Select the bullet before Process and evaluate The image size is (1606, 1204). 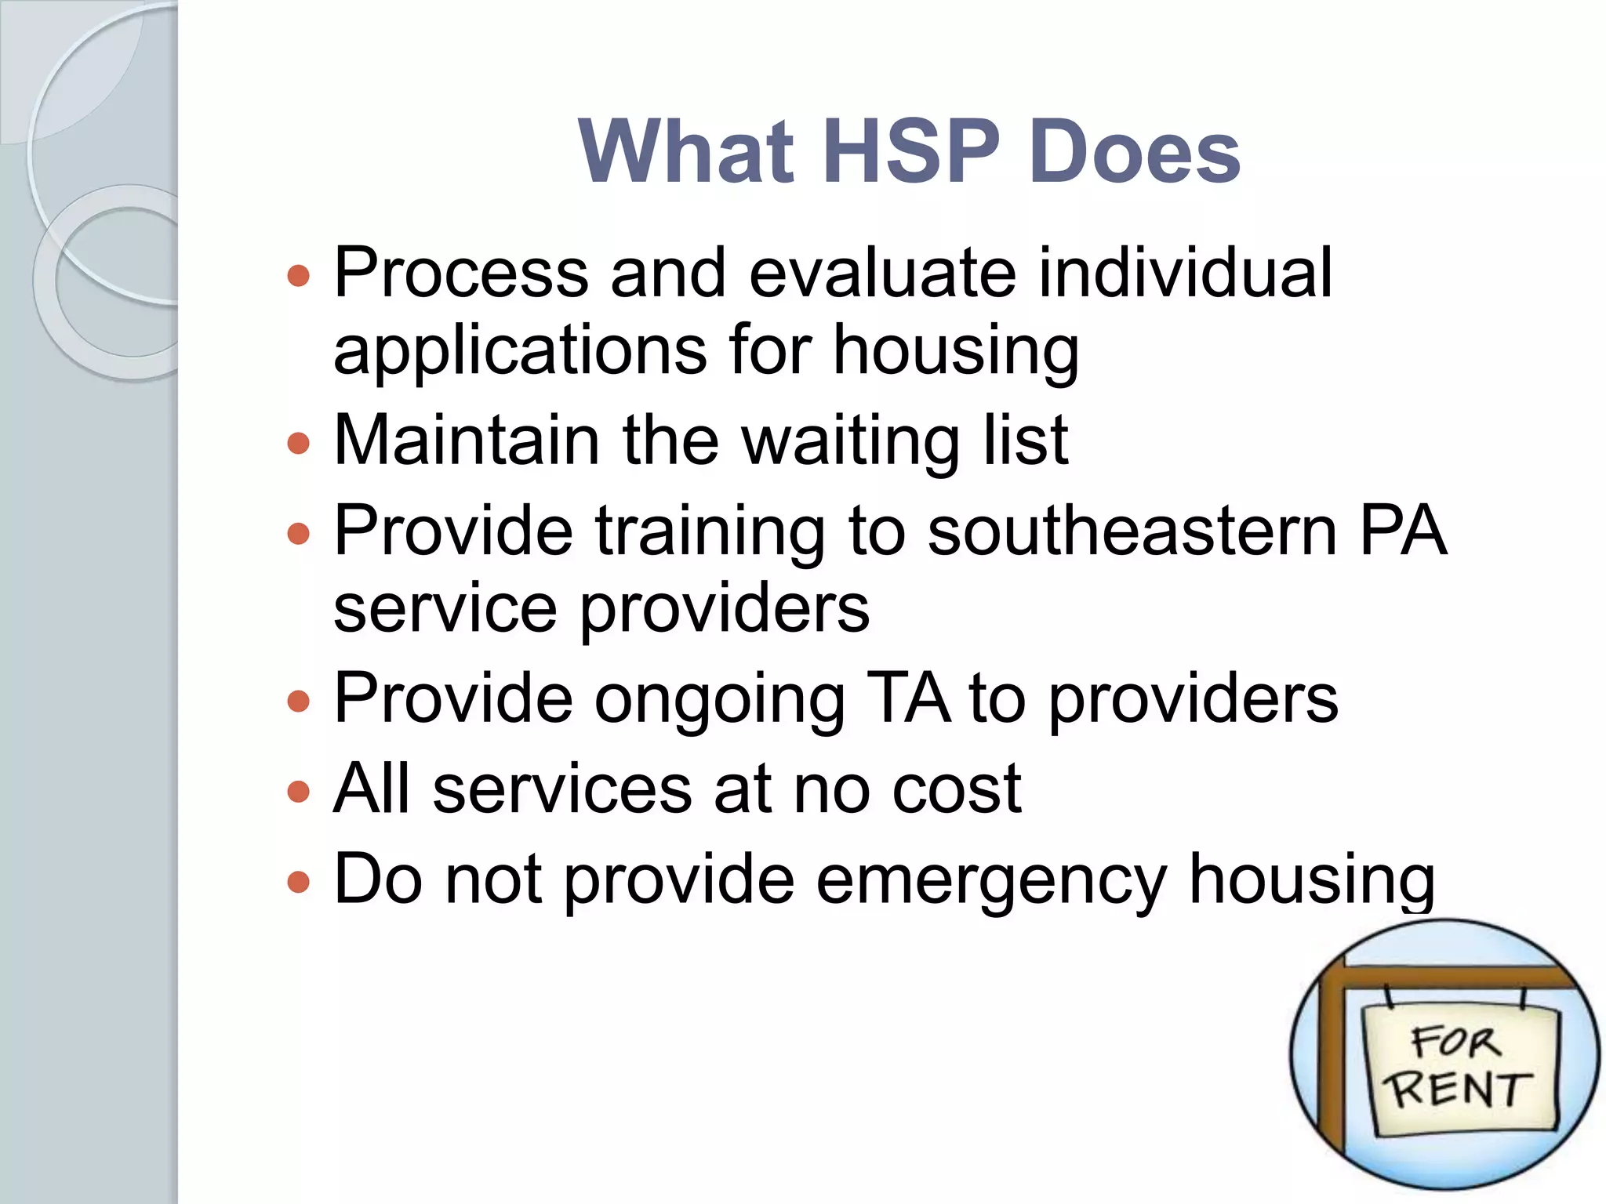click(299, 276)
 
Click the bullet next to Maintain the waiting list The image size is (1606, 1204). click(299, 444)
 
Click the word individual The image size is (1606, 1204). click(1185, 273)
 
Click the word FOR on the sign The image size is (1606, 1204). click(1455, 1042)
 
